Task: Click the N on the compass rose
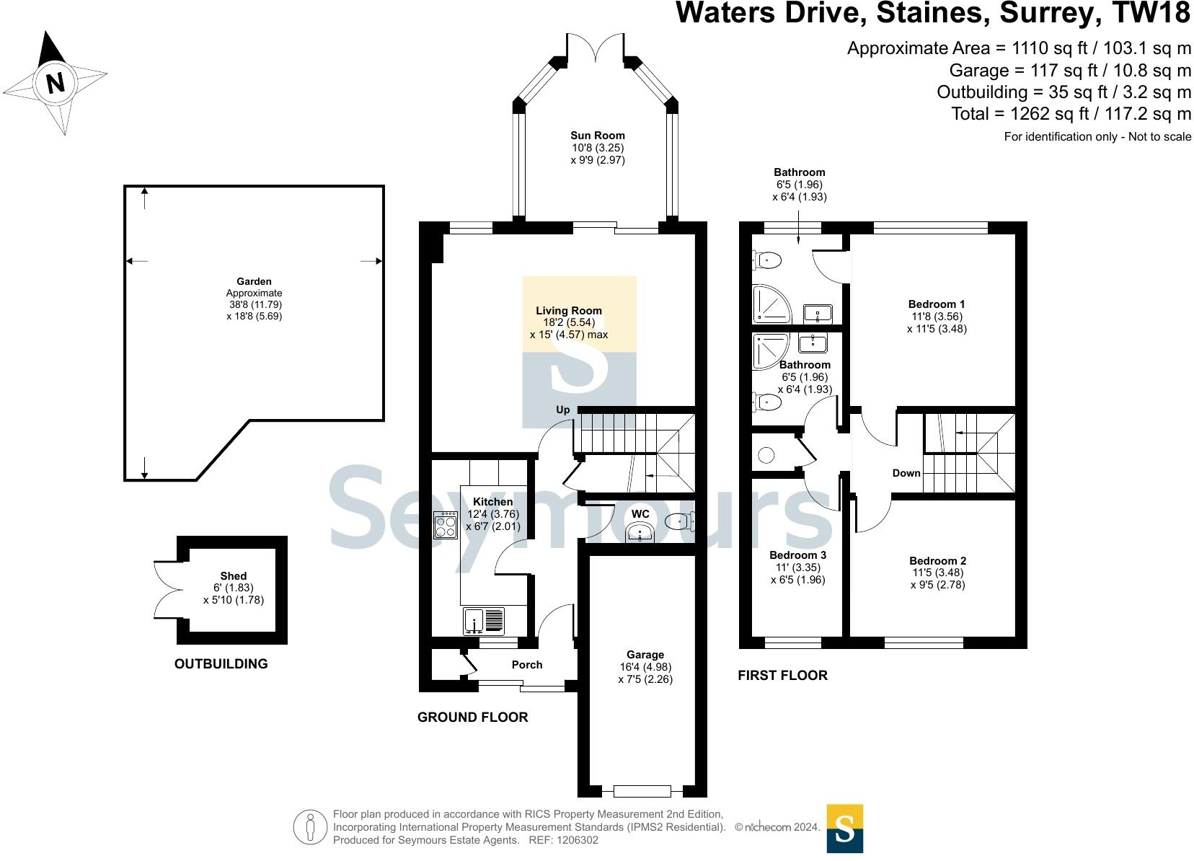(x=56, y=83)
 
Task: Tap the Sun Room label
(x=598, y=136)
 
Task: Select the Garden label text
(x=255, y=281)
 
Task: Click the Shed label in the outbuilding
(x=234, y=575)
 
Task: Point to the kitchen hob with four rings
(x=446, y=525)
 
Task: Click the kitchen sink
(x=484, y=621)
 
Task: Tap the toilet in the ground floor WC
(x=680, y=521)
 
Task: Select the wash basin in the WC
(x=640, y=532)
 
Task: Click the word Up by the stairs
(x=563, y=410)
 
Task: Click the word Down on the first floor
(x=906, y=473)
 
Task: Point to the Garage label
(x=645, y=655)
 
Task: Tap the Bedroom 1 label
(x=937, y=304)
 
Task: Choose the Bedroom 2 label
(x=937, y=560)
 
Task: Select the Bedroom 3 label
(x=798, y=555)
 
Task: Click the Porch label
(x=527, y=665)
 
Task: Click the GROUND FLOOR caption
(x=473, y=717)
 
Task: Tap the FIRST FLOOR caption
(x=782, y=676)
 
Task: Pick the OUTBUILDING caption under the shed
(x=221, y=663)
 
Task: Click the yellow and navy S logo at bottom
(x=845, y=829)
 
